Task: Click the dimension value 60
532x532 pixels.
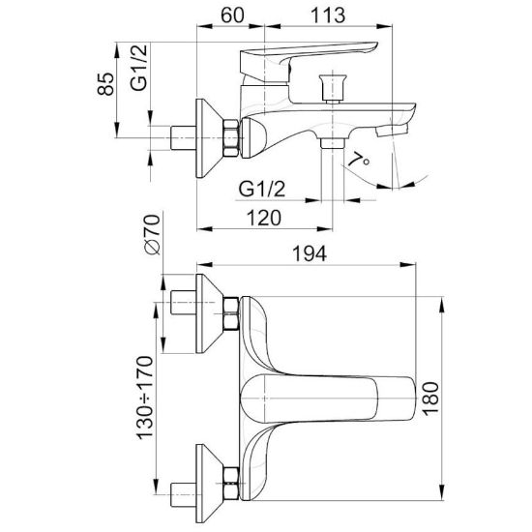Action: click(232, 15)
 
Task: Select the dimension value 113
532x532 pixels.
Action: click(328, 15)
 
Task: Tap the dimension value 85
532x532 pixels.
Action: click(105, 84)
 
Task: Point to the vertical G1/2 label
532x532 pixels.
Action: click(139, 68)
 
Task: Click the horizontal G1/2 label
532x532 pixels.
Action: click(261, 189)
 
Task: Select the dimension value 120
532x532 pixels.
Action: click(264, 218)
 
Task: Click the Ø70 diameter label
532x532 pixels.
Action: click(152, 235)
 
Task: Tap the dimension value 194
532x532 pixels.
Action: click(310, 253)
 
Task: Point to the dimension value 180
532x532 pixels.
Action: click(430, 399)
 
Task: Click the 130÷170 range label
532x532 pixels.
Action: click(145, 398)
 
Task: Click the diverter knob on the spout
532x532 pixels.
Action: click(333, 89)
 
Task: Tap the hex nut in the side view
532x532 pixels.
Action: click(231, 138)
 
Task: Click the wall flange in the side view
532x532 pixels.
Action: click(209, 138)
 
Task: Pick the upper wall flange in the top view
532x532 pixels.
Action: click(209, 313)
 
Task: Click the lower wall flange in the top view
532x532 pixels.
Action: click(209, 484)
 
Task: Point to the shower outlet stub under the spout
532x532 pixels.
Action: click(333, 143)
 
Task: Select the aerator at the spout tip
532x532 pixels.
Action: click(391, 130)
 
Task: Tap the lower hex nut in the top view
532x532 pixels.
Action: click(231, 483)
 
